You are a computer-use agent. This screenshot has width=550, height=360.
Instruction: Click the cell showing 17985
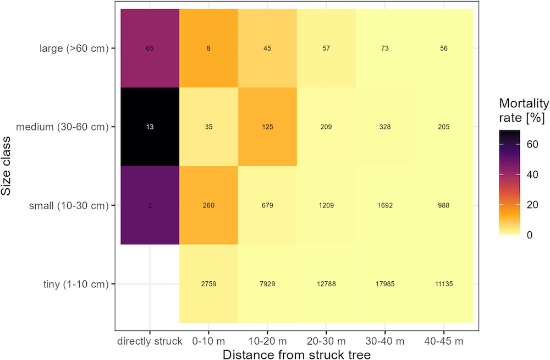(385, 284)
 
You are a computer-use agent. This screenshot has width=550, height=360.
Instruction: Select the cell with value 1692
(385, 205)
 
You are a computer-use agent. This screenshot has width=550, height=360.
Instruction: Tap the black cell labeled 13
(150, 127)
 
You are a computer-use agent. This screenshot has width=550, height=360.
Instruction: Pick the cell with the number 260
(208, 205)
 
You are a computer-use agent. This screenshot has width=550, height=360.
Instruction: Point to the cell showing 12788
(326, 284)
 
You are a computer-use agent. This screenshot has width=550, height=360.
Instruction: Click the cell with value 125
(267, 127)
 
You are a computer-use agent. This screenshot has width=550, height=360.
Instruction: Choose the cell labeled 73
(385, 48)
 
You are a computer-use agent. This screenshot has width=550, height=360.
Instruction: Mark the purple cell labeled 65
(150, 48)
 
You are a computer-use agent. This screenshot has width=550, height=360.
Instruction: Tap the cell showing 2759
(208, 284)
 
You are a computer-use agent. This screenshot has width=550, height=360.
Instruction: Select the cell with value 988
(444, 205)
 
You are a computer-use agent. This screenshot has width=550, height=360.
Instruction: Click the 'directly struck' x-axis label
(150, 341)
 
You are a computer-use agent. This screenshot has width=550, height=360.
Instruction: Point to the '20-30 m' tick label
(326, 341)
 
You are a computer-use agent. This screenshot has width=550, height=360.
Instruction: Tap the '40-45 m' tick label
(444, 341)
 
